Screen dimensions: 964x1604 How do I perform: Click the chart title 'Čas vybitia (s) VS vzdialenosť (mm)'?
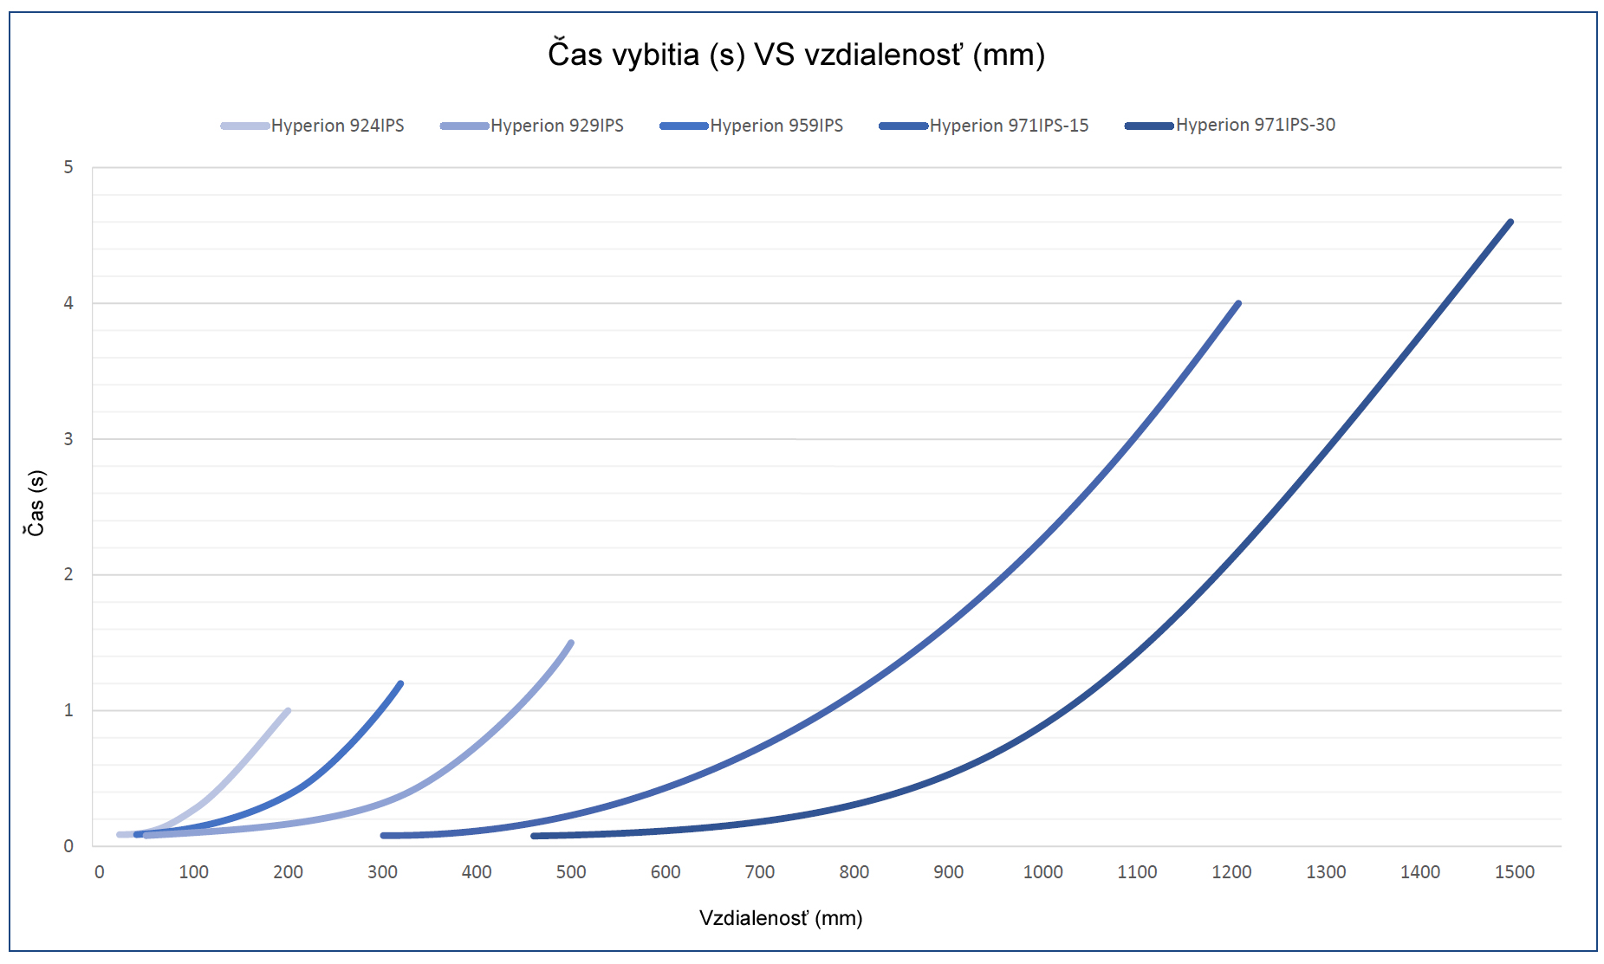click(796, 55)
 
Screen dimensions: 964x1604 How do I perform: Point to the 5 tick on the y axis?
click(68, 167)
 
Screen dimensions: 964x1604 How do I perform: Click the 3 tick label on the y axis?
click(68, 439)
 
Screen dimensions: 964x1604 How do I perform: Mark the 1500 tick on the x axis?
click(1514, 872)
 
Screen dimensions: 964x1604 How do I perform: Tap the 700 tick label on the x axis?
click(760, 872)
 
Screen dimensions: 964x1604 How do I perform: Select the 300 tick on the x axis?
click(382, 872)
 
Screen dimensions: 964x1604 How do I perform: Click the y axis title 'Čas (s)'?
click(36, 503)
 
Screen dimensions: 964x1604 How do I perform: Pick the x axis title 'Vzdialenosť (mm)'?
click(781, 918)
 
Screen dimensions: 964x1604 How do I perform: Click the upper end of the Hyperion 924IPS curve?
click(288, 711)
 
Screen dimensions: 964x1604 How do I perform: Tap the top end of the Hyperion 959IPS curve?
click(400, 684)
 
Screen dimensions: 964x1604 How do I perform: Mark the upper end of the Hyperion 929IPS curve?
click(571, 643)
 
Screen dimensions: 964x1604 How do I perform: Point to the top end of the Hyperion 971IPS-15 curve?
click(1238, 304)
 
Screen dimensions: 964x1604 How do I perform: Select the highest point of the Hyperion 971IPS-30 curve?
click(1510, 223)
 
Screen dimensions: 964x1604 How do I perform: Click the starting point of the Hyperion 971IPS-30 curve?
click(534, 836)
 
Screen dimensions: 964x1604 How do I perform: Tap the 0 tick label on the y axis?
click(68, 846)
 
